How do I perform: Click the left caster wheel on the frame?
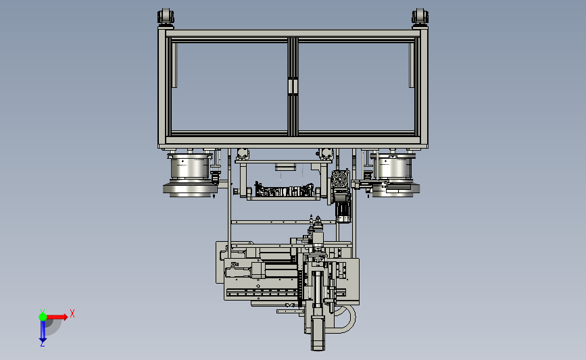(x=166, y=18)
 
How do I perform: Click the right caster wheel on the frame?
(x=420, y=18)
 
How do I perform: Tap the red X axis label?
(x=72, y=313)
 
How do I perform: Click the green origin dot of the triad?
(x=43, y=317)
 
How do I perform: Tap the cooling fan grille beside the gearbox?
(x=340, y=179)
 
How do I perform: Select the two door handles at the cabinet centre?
(x=293, y=86)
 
